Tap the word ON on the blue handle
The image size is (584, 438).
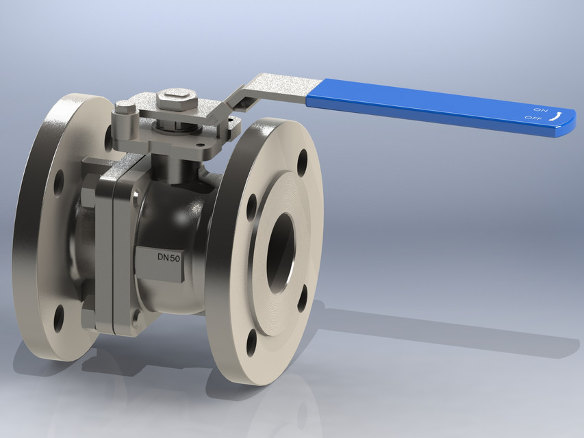click(x=540, y=109)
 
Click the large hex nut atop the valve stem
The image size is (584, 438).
click(x=177, y=101)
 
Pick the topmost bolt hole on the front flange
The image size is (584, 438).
click(x=303, y=162)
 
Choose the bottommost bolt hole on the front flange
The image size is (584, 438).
click(x=252, y=343)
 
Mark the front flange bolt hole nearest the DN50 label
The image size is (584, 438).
click(x=251, y=207)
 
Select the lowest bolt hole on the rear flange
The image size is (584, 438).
click(x=58, y=318)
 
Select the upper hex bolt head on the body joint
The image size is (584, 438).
click(x=89, y=194)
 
